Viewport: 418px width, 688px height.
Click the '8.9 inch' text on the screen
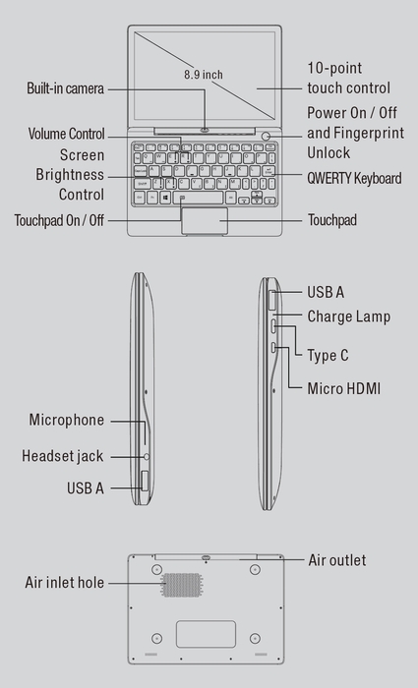click(x=204, y=74)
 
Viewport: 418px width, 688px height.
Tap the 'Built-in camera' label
click(x=65, y=89)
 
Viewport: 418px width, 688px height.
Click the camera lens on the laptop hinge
click(x=205, y=129)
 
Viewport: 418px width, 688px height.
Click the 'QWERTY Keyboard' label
click(x=353, y=178)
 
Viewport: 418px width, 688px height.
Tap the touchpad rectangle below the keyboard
click(x=205, y=221)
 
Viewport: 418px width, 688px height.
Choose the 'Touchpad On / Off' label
click(x=59, y=220)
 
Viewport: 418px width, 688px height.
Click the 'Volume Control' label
click(x=67, y=134)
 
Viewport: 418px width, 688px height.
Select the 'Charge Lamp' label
click(x=348, y=316)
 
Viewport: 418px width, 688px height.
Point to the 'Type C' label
click(x=328, y=355)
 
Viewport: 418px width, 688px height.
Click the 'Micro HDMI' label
click(x=344, y=389)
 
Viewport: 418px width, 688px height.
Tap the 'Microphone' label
click(x=66, y=420)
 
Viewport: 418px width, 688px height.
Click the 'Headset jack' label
click(x=62, y=456)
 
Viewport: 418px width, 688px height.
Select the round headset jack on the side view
click(x=147, y=456)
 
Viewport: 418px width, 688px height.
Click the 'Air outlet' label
click(x=336, y=560)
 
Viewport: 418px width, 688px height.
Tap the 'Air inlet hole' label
click(x=64, y=583)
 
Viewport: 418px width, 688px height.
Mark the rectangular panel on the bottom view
click(x=206, y=634)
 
